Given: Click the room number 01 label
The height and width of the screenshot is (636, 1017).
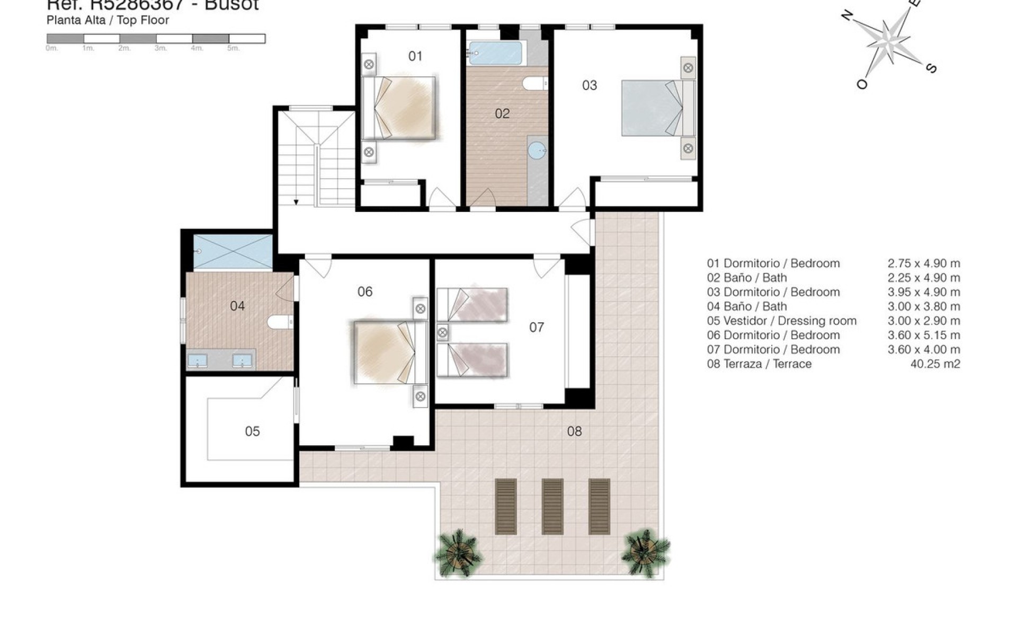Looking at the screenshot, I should (x=415, y=56).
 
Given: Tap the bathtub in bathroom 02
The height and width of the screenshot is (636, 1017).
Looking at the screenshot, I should (x=495, y=53).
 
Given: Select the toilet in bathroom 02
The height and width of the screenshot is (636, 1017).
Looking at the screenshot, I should (x=534, y=84).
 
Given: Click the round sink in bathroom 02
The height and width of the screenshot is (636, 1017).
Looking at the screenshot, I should (x=537, y=151).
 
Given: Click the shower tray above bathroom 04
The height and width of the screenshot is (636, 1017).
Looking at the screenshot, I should (x=233, y=252).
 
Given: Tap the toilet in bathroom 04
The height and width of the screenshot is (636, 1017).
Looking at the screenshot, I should (x=280, y=322).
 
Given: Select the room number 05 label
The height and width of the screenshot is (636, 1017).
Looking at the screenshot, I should (x=252, y=431).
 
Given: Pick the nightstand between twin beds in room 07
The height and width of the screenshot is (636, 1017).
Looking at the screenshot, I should (x=442, y=333).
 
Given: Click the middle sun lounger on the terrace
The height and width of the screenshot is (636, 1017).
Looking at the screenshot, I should (x=552, y=506).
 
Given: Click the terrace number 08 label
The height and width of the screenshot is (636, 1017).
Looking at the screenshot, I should (x=574, y=431).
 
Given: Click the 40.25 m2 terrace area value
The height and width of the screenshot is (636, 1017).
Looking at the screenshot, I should (x=935, y=364).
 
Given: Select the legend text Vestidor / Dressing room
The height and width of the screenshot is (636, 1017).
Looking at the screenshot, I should (x=790, y=321).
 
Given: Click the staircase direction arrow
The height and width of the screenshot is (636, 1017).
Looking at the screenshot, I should (x=296, y=202).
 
